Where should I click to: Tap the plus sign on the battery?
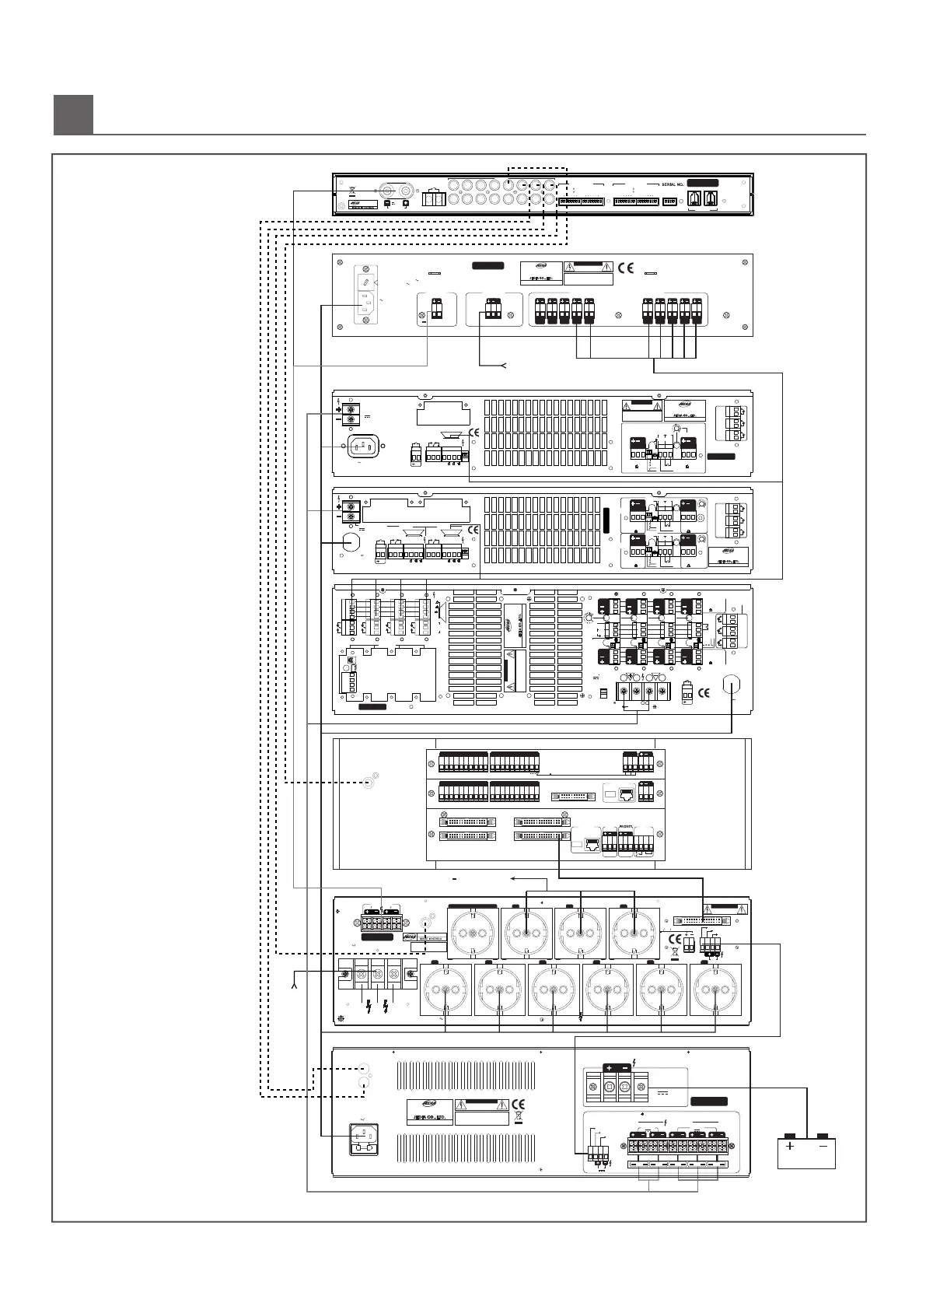click(790, 1146)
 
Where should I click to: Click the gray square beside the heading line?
click(74, 114)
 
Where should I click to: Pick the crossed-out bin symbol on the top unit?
click(352, 188)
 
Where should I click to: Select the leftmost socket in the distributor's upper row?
click(473, 933)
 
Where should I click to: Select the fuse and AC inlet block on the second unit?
click(365, 296)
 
